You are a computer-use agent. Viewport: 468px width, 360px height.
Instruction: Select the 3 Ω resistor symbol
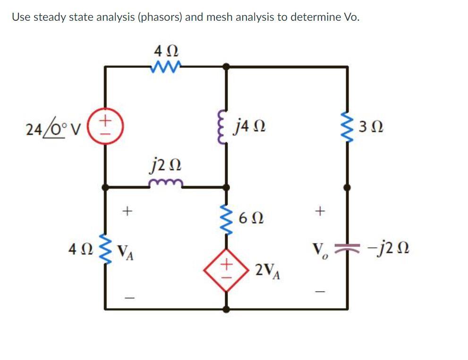tap(348, 127)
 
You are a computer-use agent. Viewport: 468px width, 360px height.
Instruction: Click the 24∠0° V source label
tap(48, 127)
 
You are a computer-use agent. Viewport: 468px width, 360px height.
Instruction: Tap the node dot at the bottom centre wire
tap(226, 309)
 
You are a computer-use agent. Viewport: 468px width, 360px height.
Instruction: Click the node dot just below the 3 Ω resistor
tap(348, 187)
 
